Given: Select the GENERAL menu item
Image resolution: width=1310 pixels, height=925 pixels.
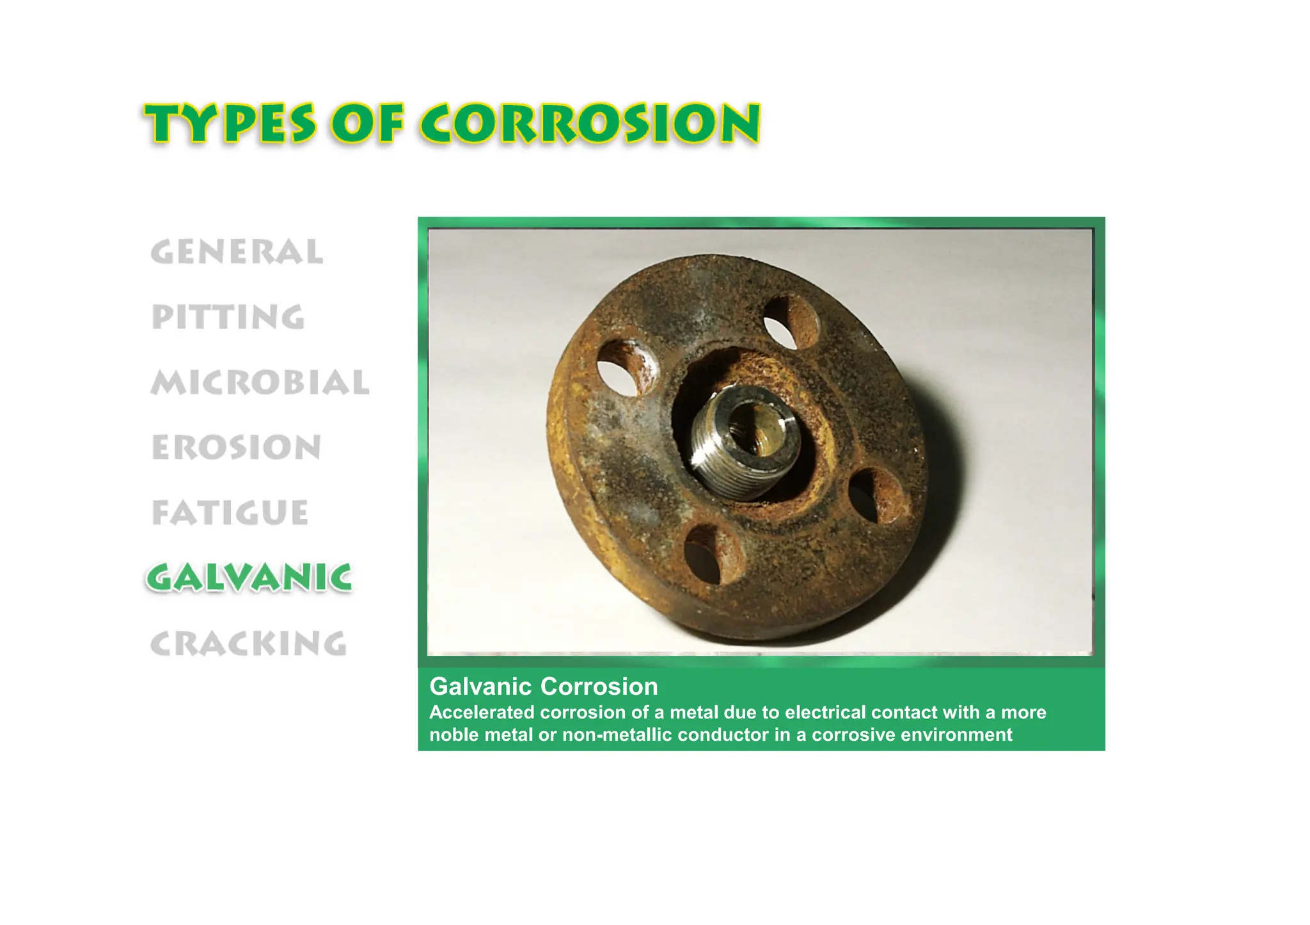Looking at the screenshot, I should pyautogui.click(x=237, y=252).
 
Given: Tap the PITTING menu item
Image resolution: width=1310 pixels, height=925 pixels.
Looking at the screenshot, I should pyautogui.click(x=228, y=317).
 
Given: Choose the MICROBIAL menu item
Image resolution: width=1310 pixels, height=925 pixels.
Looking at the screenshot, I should pyautogui.click(x=260, y=382).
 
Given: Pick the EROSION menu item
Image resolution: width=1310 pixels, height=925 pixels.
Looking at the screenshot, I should pyautogui.click(x=236, y=447).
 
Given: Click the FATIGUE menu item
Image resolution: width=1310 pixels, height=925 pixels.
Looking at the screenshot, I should pyautogui.click(x=230, y=513).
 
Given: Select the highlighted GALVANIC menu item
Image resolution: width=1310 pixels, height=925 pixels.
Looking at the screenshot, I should pyautogui.click(x=249, y=578).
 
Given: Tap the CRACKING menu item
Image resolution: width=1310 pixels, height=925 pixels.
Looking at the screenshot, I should pyautogui.click(x=248, y=644).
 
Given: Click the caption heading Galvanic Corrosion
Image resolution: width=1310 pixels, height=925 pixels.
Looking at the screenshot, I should pyautogui.click(x=544, y=687).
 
